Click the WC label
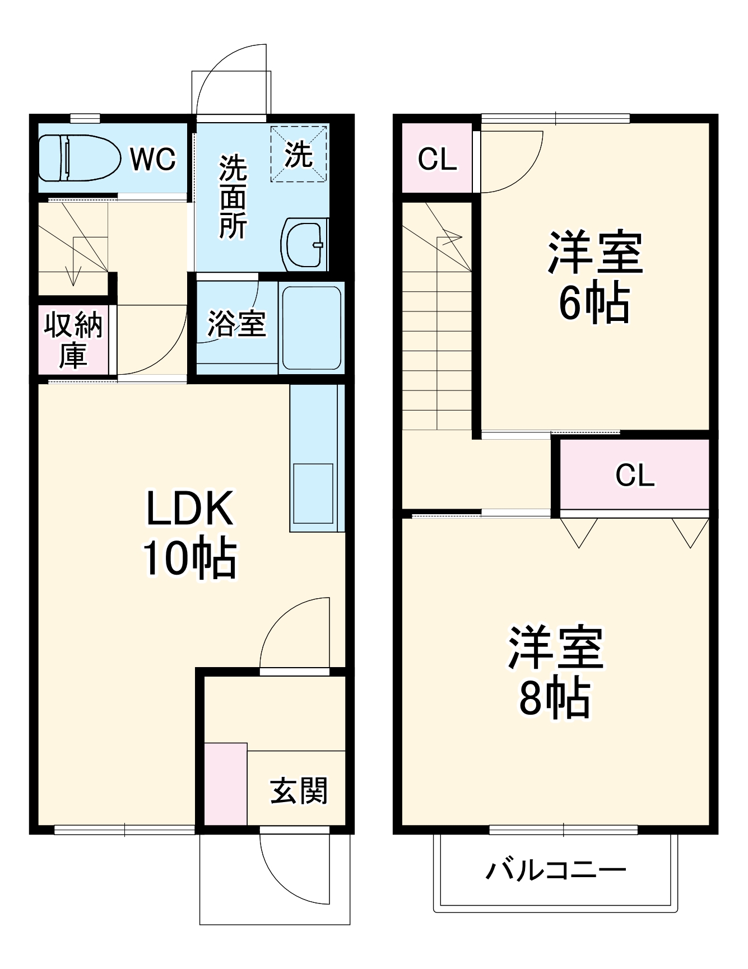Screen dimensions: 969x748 pos(153,159)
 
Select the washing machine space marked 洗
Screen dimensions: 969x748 pos(299,154)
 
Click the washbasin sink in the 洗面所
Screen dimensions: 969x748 pos(304,244)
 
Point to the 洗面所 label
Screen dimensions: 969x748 pos(233,197)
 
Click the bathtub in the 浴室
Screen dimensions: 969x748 pos(312,328)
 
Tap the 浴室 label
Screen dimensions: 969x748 pos(236,323)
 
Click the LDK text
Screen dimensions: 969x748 pos(189,508)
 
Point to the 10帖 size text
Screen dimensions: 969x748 pos(189,558)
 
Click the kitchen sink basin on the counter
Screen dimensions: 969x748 pos(313,493)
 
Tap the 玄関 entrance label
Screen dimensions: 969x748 pos(299,791)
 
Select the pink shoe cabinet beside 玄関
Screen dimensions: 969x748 pos(226,784)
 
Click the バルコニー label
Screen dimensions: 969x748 pos(555,870)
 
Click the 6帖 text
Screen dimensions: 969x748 pos(594,303)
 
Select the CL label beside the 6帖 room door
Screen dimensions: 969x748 pos(438,160)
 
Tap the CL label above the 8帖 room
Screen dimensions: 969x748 pos(635,476)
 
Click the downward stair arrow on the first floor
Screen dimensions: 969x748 pos(73,274)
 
